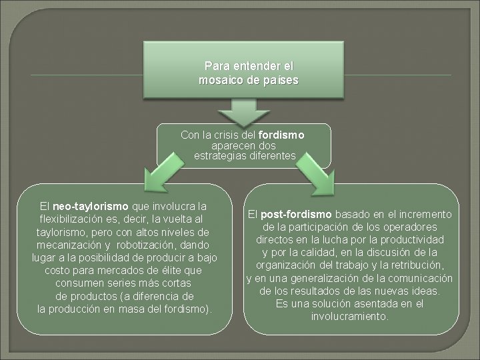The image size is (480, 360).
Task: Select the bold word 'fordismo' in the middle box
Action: click(281, 135)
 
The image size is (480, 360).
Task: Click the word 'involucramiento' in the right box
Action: click(349, 316)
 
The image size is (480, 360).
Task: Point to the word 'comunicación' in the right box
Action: click(412, 277)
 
